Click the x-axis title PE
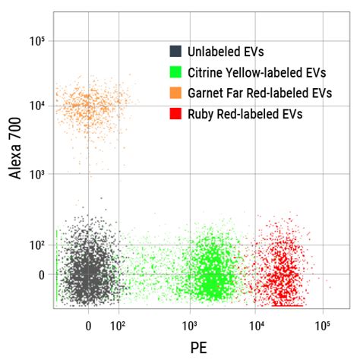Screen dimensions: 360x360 199,346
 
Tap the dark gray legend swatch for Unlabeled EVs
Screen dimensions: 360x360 175,52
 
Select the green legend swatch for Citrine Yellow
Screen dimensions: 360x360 175,73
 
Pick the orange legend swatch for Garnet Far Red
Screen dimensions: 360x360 175,93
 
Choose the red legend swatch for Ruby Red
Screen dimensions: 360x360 175,114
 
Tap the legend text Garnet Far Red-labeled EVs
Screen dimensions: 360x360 262,93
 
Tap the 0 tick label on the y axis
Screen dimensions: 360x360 43,274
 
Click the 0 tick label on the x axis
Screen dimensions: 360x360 89,327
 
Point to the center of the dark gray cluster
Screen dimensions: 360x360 89,270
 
